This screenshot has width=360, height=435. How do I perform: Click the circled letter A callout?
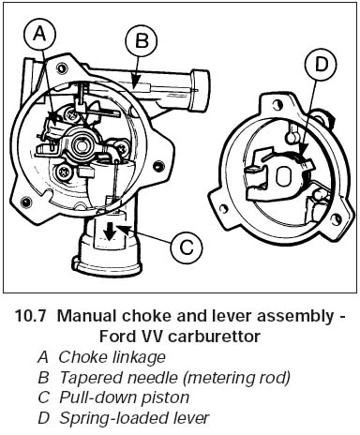coord(39,34)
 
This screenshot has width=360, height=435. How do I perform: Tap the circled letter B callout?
coord(142,41)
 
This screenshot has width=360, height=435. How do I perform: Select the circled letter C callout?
coord(187,247)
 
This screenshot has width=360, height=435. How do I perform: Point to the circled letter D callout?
coord(321,65)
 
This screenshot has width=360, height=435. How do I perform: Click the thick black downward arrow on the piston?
coord(110,232)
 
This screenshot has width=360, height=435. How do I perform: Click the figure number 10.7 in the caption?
coord(30,316)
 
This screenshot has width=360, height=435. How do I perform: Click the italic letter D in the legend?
coord(43,418)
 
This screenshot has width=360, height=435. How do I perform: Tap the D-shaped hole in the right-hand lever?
coord(284,175)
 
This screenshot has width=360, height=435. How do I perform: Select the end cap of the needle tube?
coord(200,90)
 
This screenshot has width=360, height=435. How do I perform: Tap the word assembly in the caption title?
coord(295,317)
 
